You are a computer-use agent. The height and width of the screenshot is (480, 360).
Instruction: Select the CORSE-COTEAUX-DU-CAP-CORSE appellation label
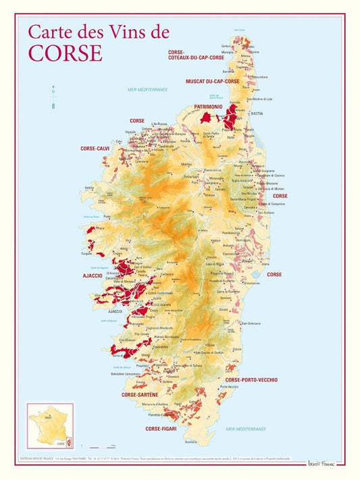(196, 55)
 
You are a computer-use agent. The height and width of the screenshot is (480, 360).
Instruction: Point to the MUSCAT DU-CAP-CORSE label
(213, 81)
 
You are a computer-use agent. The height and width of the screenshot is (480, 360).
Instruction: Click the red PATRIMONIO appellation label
(208, 107)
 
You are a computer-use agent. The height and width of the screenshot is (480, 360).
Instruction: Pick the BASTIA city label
(257, 113)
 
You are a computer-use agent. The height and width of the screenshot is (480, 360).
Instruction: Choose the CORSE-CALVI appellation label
(95, 148)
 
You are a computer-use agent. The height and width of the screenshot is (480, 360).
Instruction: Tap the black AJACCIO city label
(115, 311)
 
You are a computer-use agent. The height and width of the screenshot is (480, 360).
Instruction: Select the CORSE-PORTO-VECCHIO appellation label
(251, 379)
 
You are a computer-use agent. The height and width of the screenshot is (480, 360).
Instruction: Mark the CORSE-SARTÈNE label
(140, 394)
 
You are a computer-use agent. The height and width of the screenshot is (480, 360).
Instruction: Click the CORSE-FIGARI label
(161, 428)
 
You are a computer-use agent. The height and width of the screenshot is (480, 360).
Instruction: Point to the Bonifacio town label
(191, 442)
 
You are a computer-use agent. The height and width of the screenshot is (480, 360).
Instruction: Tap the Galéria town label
(88, 188)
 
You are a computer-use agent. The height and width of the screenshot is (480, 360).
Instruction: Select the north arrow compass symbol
(53, 97)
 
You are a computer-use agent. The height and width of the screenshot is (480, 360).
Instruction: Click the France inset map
(50, 425)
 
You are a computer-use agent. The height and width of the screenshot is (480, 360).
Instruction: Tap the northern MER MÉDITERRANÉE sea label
(147, 89)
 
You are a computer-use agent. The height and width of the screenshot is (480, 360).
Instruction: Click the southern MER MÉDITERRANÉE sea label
(246, 428)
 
